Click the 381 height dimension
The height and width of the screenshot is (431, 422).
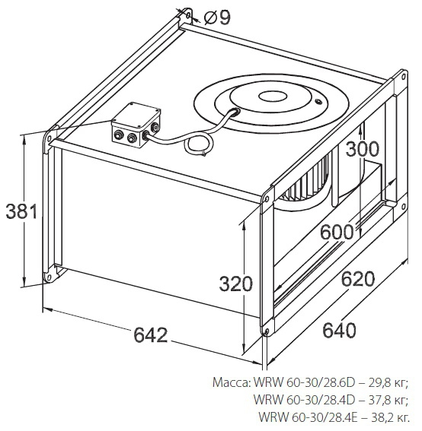[x=21, y=211]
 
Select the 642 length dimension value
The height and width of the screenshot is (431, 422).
[x=150, y=334]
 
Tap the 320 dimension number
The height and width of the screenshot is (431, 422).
[x=236, y=284]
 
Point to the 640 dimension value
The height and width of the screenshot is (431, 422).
[x=339, y=330]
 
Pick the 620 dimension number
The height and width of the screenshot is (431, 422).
[x=358, y=279]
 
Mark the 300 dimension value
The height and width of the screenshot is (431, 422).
[x=363, y=149]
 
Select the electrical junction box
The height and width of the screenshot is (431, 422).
[x=136, y=125]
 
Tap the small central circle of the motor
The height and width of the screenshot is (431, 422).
[x=273, y=96]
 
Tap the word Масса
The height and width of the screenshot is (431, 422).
[x=231, y=383]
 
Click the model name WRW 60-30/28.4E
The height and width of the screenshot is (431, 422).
[x=308, y=417]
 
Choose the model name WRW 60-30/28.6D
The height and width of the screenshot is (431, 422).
[x=305, y=383]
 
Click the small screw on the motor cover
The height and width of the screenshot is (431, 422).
[x=318, y=102]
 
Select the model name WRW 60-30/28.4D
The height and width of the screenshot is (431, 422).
[x=304, y=400]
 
